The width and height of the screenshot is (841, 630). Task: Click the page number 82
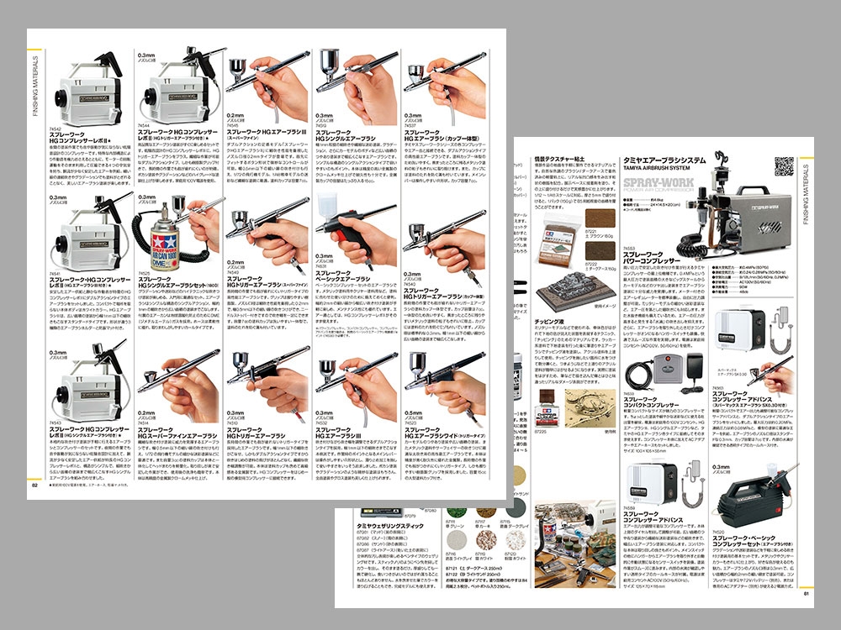[x=35, y=484]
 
